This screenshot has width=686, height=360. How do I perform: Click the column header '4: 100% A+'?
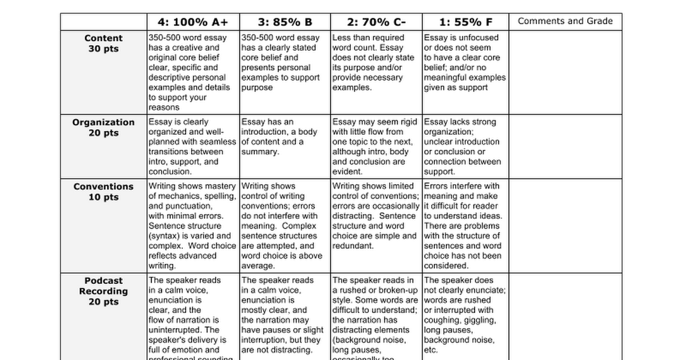(192, 22)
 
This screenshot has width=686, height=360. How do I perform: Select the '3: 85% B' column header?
(285, 22)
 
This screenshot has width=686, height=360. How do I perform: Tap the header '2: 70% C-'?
(376, 22)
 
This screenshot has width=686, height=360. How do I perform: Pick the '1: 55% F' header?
(465, 22)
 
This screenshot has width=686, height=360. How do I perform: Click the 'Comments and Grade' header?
(565, 21)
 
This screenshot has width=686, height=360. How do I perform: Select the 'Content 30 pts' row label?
(103, 43)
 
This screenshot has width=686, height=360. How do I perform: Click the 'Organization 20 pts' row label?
(103, 127)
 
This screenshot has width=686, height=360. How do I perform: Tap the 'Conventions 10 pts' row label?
(103, 191)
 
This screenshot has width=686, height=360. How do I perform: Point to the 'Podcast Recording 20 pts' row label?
(103, 291)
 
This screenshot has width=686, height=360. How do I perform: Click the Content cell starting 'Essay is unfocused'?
(465, 63)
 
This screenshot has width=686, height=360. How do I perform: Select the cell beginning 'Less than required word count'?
(376, 63)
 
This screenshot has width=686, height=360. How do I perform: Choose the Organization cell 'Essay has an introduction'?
(285, 137)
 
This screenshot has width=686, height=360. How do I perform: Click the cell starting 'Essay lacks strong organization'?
(465, 146)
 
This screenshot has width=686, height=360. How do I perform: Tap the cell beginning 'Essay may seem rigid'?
(376, 146)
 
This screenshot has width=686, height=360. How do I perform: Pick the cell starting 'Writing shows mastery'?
(192, 226)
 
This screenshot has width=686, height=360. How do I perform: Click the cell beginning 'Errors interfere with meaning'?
(465, 226)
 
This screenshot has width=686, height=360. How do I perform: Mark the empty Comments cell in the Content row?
(565, 72)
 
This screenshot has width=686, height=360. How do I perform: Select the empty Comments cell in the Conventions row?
(565, 226)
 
